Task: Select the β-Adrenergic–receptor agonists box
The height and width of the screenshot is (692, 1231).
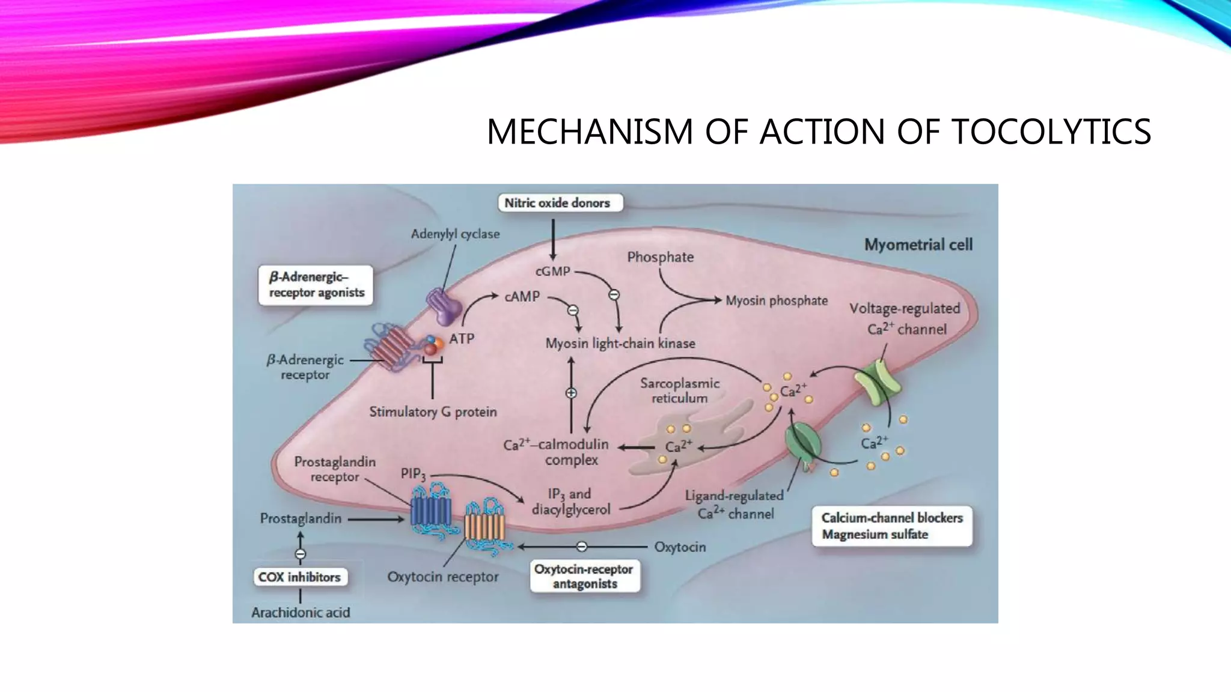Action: click(316, 285)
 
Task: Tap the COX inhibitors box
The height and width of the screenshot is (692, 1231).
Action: click(299, 577)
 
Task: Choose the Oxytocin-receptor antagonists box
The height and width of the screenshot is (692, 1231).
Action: click(584, 577)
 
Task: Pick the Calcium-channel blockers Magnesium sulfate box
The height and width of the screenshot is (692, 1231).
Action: click(891, 526)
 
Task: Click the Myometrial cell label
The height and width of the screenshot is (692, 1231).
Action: click(918, 245)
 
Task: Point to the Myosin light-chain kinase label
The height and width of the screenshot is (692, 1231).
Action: click(620, 344)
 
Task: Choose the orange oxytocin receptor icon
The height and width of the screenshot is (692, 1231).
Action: click(484, 526)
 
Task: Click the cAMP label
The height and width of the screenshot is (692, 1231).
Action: click(522, 297)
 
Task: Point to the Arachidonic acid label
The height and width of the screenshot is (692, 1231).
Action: click(301, 613)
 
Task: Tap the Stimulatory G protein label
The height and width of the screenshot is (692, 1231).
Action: click(433, 412)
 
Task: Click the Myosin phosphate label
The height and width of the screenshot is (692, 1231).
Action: click(777, 301)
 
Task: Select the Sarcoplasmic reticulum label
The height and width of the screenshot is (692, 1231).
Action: click(679, 390)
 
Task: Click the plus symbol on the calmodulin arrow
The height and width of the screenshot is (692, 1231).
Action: click(571, 393)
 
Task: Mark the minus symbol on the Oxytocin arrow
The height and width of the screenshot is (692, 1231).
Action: click(581, 547)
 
